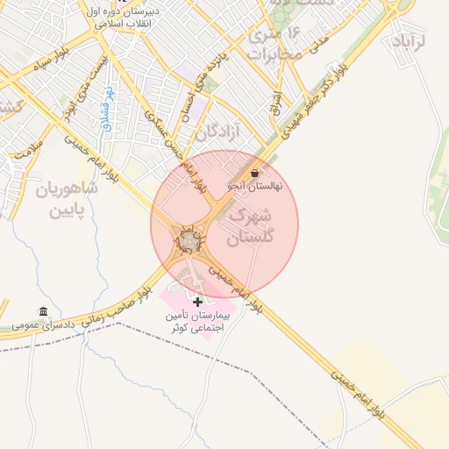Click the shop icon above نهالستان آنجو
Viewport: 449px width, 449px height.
click(254, 173)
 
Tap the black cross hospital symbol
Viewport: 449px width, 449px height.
click(197, 302)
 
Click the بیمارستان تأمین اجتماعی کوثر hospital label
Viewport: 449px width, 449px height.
click(197, 320)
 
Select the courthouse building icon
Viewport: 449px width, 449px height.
click(43, 311)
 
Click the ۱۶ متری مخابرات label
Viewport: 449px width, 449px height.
click(274, 45)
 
